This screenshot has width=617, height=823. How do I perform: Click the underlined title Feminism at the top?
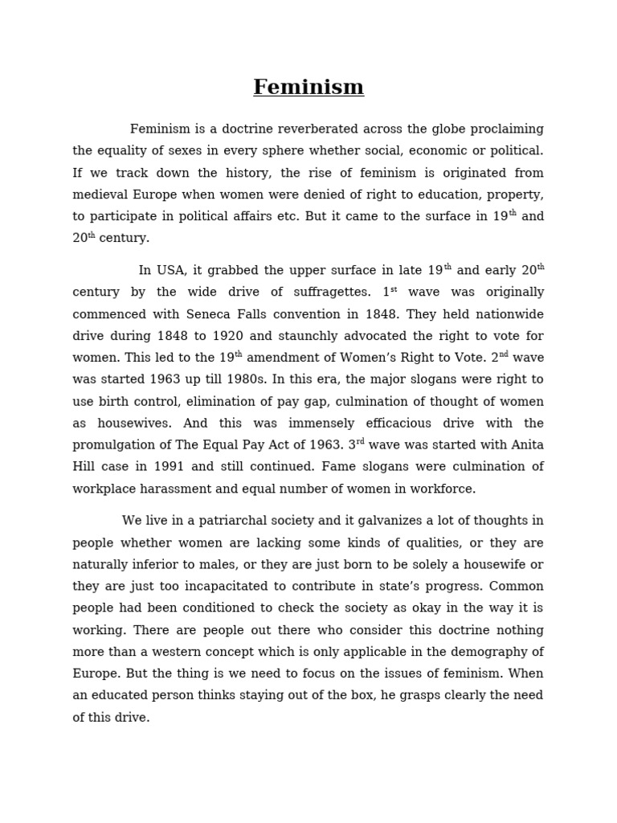(x=308, y=87)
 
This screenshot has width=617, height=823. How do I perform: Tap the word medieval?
(x=100, y=194)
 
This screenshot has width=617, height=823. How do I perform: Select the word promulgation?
(x=115, y=445)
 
